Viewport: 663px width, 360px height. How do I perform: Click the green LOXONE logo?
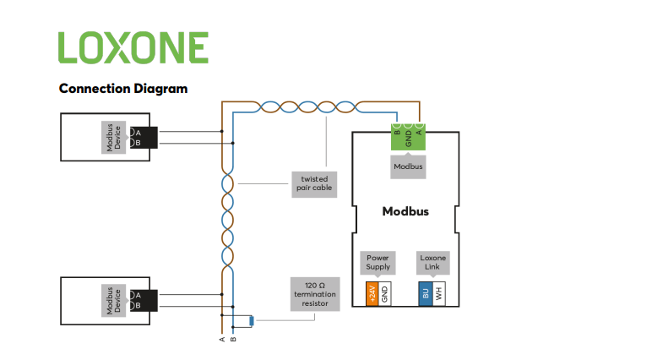tap(133, 47)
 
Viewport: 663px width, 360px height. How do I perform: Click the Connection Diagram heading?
tap(122, 88)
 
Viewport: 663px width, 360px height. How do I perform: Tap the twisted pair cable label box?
tap(314, 183)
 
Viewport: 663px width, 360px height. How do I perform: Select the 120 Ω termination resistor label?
tap(314, 293)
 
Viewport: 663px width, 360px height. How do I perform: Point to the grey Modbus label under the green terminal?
tap(408, 167)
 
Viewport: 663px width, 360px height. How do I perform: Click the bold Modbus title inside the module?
tap(405, 211)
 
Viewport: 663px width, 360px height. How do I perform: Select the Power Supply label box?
tap(378, 262)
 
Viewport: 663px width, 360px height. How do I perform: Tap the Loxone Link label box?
tap(432, 262)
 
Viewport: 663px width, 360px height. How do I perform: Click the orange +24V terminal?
tap(372, 294)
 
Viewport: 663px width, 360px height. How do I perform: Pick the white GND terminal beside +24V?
tap(384, 294)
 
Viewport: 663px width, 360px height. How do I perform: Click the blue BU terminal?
tap(426, 294)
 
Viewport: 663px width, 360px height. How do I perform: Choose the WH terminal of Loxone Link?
tap(439, 294)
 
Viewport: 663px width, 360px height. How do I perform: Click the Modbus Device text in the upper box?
tap(112, 137)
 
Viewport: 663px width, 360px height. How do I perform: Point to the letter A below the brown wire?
tap(222, 340)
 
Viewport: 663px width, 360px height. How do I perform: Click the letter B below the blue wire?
tap(233, 340)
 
